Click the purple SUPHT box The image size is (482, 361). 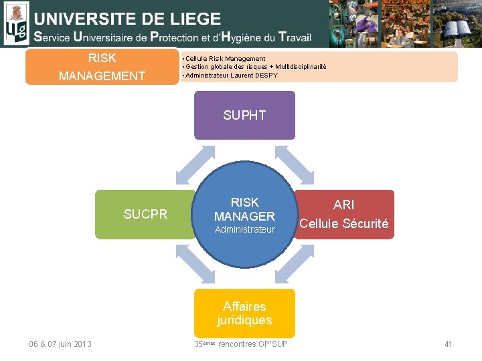click(x=244, y=115)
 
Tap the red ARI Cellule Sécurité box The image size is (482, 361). click(x=343, y=215)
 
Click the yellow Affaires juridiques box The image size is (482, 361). click(x=244, y=313)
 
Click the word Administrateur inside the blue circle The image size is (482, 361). click(x=244, y=229)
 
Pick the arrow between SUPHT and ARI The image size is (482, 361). click(x=295, y=165)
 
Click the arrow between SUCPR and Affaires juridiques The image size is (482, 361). click(x=195, y=263)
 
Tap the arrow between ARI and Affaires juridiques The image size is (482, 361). click(x=295, y=263)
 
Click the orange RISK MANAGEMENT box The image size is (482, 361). click(x=102, y=67)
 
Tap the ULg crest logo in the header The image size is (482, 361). click(x=16, y=23)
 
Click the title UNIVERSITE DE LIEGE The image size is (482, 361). click(x=127, y=18)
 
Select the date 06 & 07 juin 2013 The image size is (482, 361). click(x=60, y=344)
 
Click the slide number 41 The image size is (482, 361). click(x=449, y=344)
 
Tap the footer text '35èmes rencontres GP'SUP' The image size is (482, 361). click(x=241, y=344)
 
